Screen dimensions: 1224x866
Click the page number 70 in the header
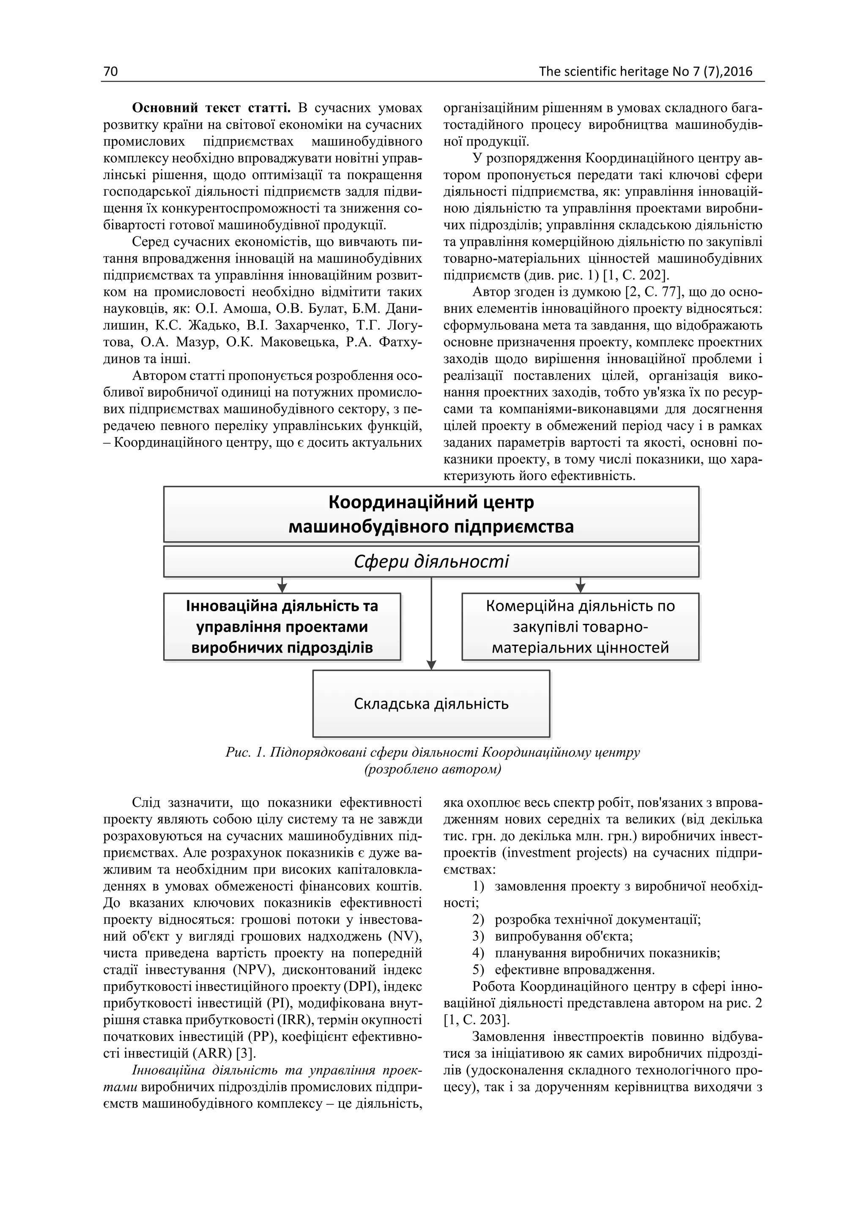tap(110, 71)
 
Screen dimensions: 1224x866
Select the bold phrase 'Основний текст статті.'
tap(211, 108)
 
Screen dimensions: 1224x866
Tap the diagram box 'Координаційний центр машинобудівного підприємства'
tap(431, 514)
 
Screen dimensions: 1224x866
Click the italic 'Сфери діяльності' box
tap(431, 561)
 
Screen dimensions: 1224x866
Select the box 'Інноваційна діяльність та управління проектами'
tap(282, 626)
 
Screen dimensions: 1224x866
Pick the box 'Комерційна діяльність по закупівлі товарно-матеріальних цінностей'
tap(580, 626)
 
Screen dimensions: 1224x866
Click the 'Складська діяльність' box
tap(431, 704)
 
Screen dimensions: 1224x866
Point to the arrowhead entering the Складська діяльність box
tap(431, 665)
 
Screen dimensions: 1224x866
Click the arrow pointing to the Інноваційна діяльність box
tap(282, 587)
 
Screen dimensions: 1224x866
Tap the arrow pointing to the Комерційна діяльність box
tap(580, 587)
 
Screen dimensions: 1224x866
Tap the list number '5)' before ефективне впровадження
tap(478, 969)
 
